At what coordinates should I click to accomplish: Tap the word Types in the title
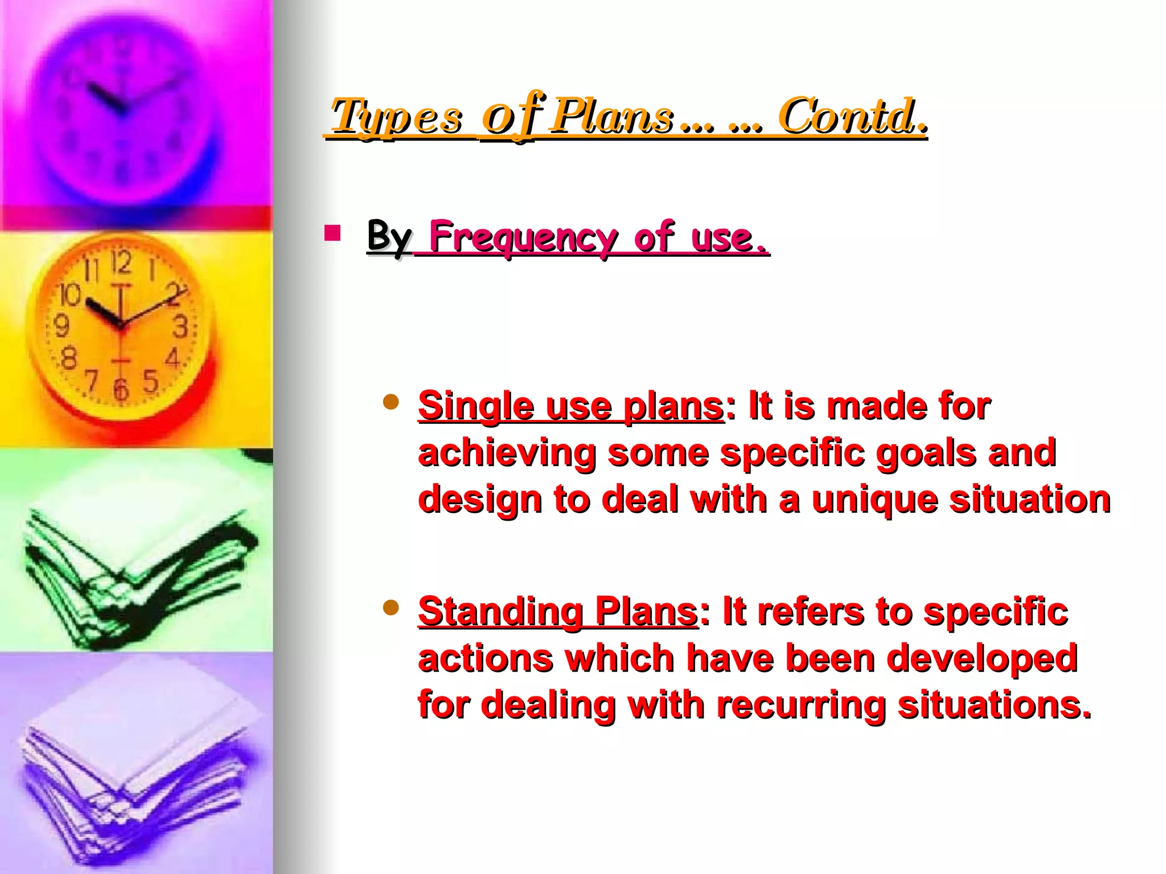coord(397,118)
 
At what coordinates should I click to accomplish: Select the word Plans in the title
coord(614,117)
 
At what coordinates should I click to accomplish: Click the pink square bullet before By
coord(332,233)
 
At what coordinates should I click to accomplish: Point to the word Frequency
coord(523,238)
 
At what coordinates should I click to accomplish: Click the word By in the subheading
coord(389,236)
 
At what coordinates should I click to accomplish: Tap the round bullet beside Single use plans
coord(391,403)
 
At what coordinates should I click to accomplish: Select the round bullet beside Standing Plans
coord(391,608)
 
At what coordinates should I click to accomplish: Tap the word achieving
coord(507,454)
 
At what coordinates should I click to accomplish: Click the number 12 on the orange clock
coord(121,263)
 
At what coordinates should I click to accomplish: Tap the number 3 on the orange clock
coord(180,327)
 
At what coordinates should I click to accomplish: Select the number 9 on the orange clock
coord(61,326)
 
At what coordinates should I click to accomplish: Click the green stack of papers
coord(137,575)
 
